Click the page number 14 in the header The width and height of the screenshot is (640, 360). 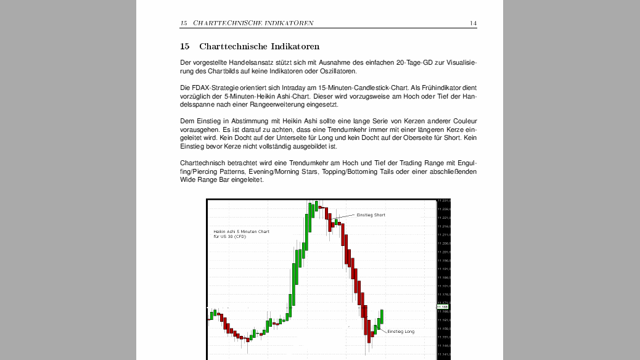473,23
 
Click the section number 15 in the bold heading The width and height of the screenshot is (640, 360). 184,46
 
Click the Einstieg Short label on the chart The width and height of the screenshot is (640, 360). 371,215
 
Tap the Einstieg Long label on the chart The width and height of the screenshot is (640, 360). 401,332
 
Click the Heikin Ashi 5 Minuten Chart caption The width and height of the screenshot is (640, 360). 241,232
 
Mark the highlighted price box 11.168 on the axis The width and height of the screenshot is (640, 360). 442,306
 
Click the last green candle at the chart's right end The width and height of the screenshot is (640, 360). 382,317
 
